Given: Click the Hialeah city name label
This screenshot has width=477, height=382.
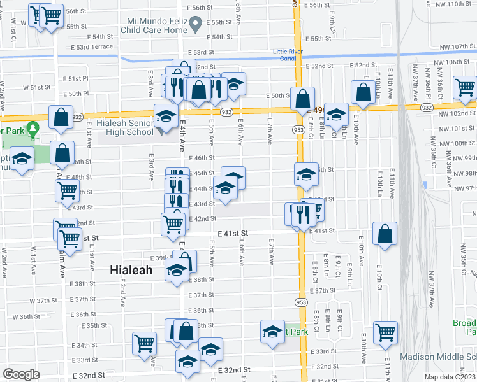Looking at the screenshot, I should (131, 270).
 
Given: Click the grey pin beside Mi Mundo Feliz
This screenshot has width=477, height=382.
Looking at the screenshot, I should (197, 24).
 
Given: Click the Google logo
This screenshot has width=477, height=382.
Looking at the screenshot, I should (21, 374).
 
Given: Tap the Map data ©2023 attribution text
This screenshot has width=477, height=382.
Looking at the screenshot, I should (450, 377).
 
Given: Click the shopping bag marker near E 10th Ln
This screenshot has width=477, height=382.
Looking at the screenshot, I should (363, 92).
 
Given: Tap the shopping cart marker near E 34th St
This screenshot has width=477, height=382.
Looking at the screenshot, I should (145, 343).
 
